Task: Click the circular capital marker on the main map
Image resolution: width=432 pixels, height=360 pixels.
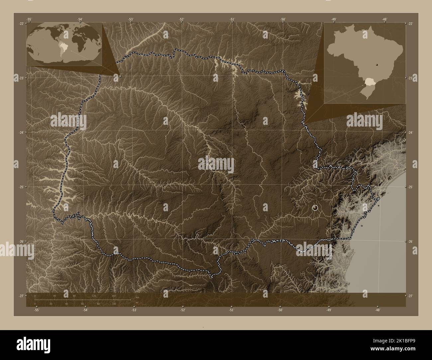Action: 315,208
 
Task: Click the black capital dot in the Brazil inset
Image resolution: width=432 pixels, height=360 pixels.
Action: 377,65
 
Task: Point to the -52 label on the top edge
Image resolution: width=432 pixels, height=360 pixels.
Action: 181,19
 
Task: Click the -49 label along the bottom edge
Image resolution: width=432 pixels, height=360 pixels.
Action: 329,310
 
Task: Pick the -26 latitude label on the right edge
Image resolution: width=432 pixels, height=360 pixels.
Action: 410,241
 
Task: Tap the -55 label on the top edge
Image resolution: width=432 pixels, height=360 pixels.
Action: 29,19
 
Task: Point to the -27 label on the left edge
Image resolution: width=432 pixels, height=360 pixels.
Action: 22,296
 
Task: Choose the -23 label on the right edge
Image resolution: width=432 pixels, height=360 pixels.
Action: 410,78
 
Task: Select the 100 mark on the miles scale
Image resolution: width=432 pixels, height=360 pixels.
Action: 114,304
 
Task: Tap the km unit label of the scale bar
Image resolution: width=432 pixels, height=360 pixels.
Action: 137,297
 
